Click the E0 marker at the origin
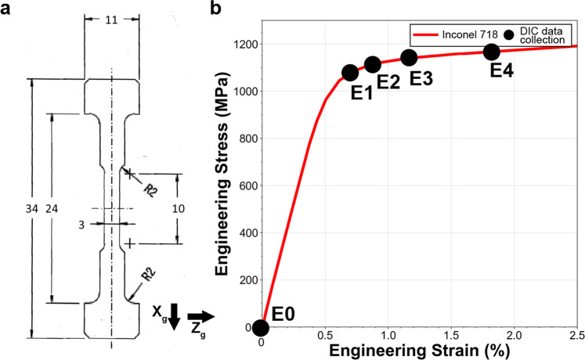click(x=261, y=327)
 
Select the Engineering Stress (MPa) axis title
click(x=222, y=186)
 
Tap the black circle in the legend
click(x=511, y=34)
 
